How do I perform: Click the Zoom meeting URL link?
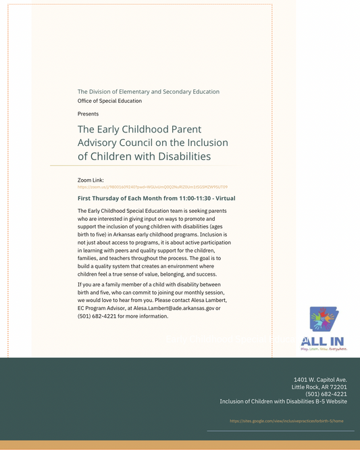coord(153,186)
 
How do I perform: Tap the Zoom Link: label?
coord(91,180)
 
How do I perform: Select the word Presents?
coord(88,114)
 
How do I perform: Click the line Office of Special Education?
coord(109,101)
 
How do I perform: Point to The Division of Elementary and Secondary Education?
coord(148,91)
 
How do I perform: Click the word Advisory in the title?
coord(102,143)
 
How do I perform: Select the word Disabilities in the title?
coord(184,156)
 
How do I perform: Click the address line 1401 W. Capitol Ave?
coord(320,380)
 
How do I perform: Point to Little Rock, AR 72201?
coord(319,386)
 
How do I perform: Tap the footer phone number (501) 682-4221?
coord(326,394)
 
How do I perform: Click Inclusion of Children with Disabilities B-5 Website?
coord(283,401)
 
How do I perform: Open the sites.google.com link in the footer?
coord(291,420)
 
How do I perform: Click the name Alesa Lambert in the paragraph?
coord(208,300)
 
